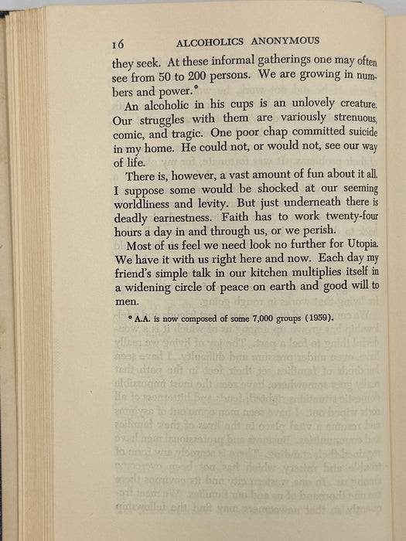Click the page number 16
(x=119, y=43)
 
